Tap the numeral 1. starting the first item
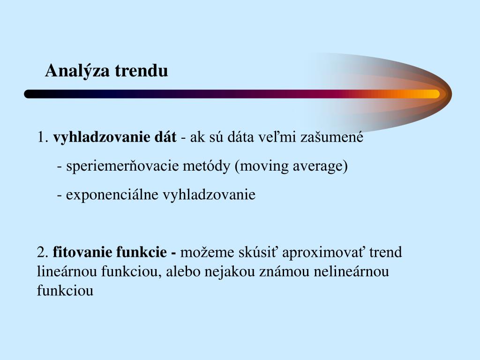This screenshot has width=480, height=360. (43, 138)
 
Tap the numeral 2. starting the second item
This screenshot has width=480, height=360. (43, 253)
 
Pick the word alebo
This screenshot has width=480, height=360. (185, 272)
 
